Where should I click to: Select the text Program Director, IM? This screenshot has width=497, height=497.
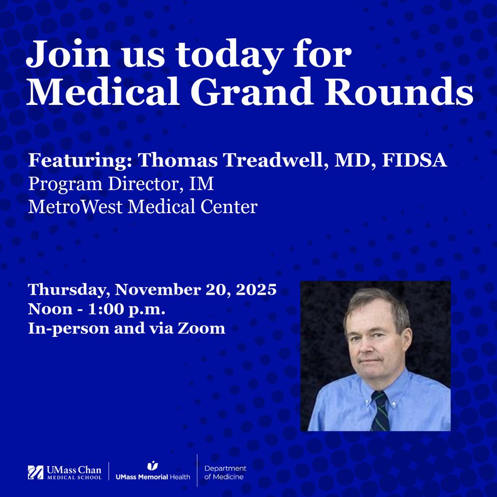coord(121,184)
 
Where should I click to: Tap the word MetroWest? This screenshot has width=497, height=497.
coord(76,207)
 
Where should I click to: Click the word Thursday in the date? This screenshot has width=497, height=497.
coord(69,290)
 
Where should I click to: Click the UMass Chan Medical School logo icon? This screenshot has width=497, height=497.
coord(35,472)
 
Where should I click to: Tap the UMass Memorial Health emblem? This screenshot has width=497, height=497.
coord(153,466)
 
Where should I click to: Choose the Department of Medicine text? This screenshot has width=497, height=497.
coord(225,473)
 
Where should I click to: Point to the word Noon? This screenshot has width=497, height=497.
coord(50,309)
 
